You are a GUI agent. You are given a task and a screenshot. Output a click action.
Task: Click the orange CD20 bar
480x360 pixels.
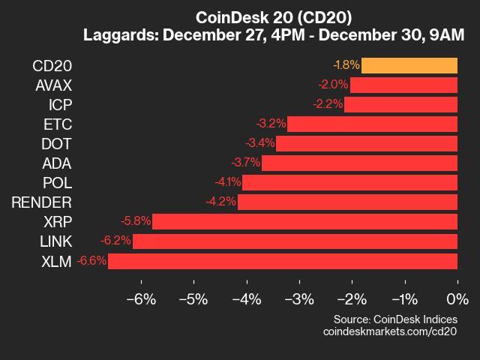409,65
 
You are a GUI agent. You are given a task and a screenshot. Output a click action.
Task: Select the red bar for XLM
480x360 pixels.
283,261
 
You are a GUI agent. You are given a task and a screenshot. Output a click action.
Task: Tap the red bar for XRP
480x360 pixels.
304,221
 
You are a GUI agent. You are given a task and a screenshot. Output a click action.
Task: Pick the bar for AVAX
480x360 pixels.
403,85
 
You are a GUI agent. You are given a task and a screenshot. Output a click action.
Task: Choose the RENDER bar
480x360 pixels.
347,202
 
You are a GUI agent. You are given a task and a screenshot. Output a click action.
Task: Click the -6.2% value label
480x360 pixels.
115,241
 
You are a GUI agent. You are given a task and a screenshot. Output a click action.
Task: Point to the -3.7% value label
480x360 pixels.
245,163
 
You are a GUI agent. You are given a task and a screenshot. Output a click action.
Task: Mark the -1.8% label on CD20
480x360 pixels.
346,65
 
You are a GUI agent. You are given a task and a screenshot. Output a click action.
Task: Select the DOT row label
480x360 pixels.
56,143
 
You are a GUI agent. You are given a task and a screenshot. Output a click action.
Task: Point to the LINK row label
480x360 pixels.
55,241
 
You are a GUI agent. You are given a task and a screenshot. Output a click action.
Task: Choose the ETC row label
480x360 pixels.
58,124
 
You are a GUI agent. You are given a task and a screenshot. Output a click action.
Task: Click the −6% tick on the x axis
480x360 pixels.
140,299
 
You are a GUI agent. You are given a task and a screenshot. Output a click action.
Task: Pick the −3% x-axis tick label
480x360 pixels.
298,299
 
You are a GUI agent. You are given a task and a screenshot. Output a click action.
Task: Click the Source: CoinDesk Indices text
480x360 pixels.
395,319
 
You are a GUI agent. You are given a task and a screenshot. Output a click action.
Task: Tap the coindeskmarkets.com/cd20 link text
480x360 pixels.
390,331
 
